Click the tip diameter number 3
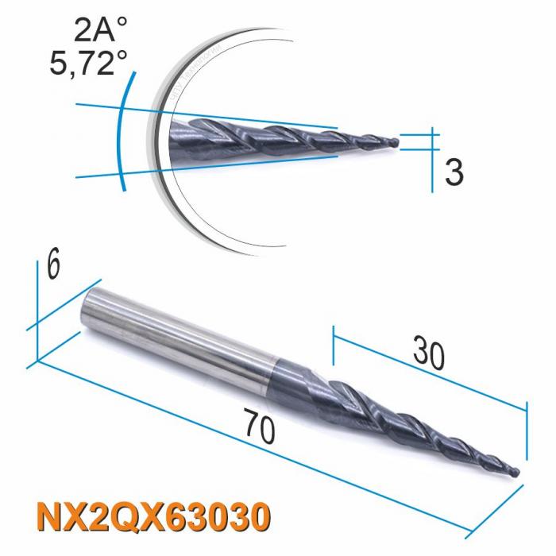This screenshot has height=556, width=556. coord(454,172)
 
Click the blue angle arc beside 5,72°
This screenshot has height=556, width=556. coord(119,131)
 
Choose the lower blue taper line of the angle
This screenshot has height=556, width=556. coord(238,164)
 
